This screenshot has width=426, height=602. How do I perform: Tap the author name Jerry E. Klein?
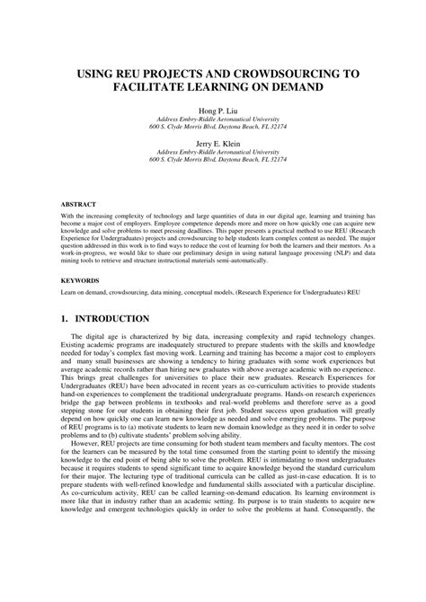click(x=213, y=143)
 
